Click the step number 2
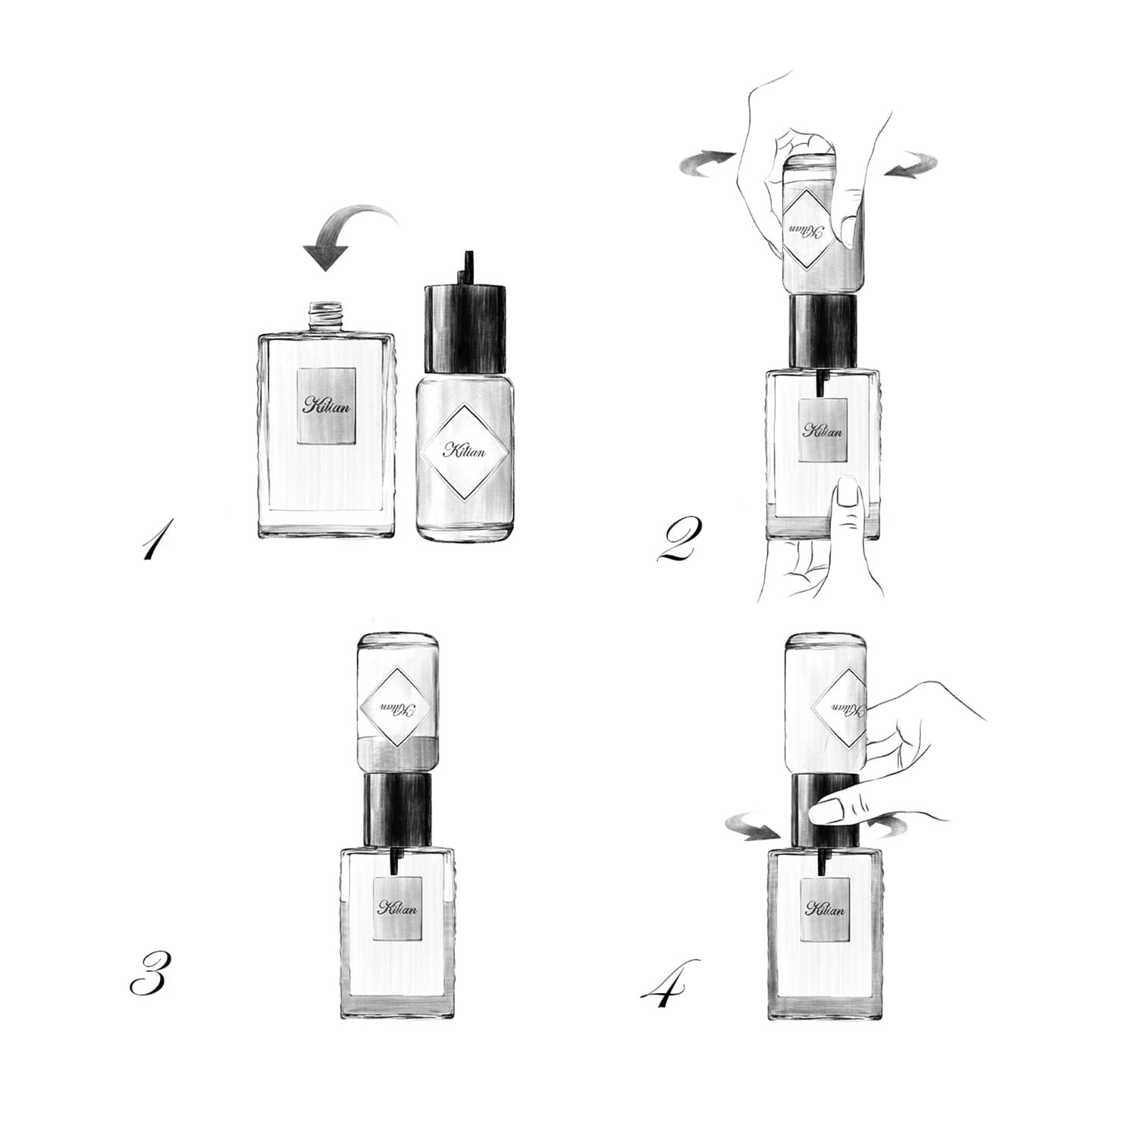(x=678, y=539)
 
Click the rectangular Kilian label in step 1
(x=327, y=404)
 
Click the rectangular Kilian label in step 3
(x=398, y=907)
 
